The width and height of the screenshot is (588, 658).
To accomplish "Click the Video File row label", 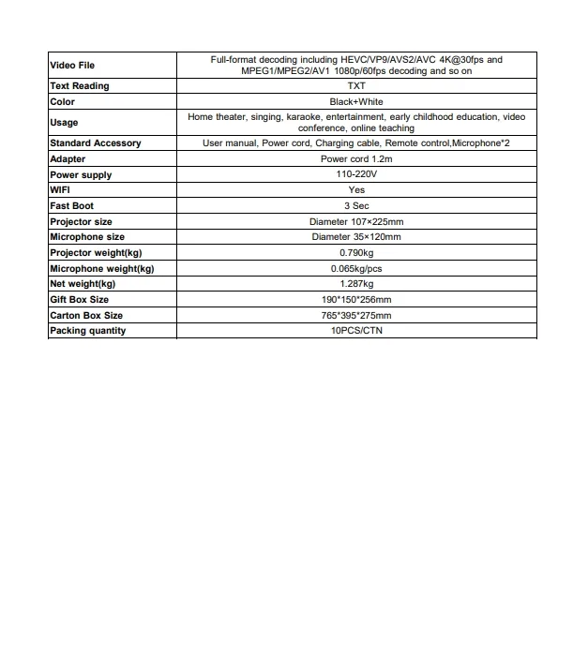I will [x=72, y=66].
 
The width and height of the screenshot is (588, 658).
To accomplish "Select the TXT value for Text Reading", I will [x=356, y=86].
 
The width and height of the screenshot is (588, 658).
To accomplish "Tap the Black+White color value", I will [x=356, y=101].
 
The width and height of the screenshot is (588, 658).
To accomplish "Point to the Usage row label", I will [x=64, y=123].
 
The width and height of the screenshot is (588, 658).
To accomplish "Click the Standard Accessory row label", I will [x=96, y=143].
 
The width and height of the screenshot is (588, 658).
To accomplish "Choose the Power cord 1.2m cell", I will [x=356, y=159].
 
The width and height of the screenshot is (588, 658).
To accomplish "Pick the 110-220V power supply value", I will [x=356, y=175].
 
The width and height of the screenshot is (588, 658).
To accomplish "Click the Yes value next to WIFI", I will [x=356, y=190].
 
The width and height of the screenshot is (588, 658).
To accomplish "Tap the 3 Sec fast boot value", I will [x=356, y=205].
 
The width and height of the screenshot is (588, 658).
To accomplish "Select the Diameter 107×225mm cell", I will [x=356, y=222].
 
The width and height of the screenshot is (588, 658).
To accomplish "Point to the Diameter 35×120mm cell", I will [x=356, y=237].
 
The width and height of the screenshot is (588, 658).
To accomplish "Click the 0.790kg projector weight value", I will [x=356, y=253].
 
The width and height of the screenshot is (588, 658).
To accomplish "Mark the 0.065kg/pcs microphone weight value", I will [x=356, y=268].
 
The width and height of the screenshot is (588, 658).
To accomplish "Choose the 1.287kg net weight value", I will [x=356, y=284].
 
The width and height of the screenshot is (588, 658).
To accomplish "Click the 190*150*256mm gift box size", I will [x=356, y=300].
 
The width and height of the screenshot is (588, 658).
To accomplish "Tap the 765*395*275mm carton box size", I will [x=356, y=316].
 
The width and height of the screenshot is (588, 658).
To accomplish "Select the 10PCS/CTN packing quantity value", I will [x=356, y=331].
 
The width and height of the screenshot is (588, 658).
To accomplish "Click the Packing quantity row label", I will [x=87, y=331].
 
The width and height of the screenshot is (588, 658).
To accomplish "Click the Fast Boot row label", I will [x=72, y=205].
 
